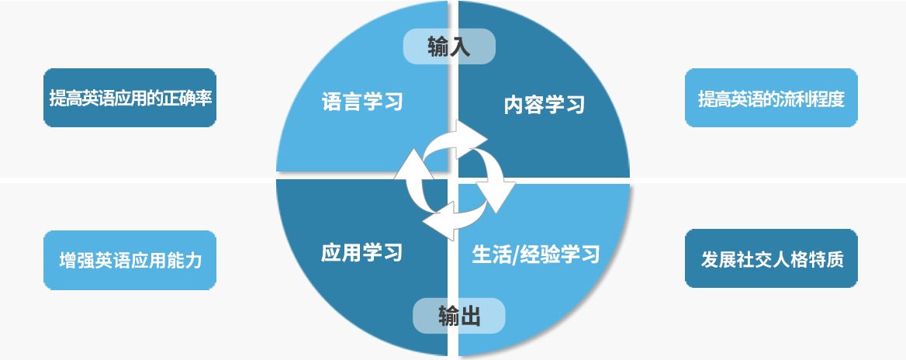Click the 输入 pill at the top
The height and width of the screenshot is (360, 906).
coord(449,47)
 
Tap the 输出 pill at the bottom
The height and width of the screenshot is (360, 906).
coord(458,316)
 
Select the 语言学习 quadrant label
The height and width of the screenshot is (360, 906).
coord(362,102)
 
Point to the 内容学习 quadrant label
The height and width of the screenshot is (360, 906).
coord(545,105)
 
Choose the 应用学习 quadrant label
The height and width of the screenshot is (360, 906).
coord(361,252)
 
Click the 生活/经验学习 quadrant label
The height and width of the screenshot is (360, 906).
coord(536,254)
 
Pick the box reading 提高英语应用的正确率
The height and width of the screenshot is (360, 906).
coord(130,98)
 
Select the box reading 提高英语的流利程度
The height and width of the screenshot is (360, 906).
coord(771,98)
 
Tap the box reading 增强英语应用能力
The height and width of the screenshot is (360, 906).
coord(130,260)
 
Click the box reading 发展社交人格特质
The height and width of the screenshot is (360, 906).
coord(771,258)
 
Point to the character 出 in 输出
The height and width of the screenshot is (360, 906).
coord(471,317)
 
